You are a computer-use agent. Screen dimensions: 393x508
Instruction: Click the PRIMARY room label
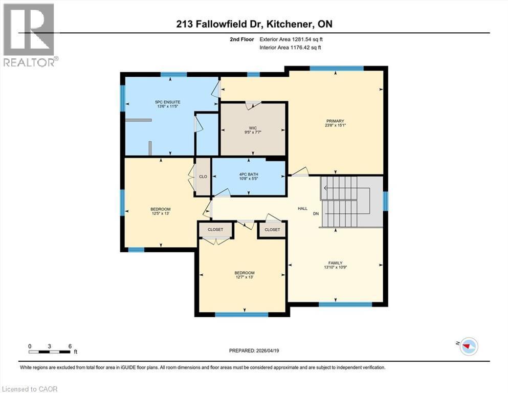pyautogui.click(x=335, y=121)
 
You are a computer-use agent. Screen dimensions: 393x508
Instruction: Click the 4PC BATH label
pyautogui.click(x=249, y=174)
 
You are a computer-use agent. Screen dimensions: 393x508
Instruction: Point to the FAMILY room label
pyautogui.click(x=335, y=263)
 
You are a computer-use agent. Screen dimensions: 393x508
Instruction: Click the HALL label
pyautogui.click(x=302, y=209)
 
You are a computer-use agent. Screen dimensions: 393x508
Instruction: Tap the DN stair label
pyautogui.click(x=316, y=213)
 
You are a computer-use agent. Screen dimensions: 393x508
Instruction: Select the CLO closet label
pyautogui.click(x=203, y=177)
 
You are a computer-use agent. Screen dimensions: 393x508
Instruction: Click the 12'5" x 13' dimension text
pyautogui.click(x=160, y=214)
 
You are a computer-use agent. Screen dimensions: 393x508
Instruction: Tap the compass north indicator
pyautogui.click(x=468, y=346)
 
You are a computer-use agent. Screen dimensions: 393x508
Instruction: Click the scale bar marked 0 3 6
pyautogui.click(x=50, y=351)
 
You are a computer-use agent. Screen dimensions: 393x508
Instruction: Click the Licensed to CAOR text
pyautogui.click(x=29, y=389)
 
